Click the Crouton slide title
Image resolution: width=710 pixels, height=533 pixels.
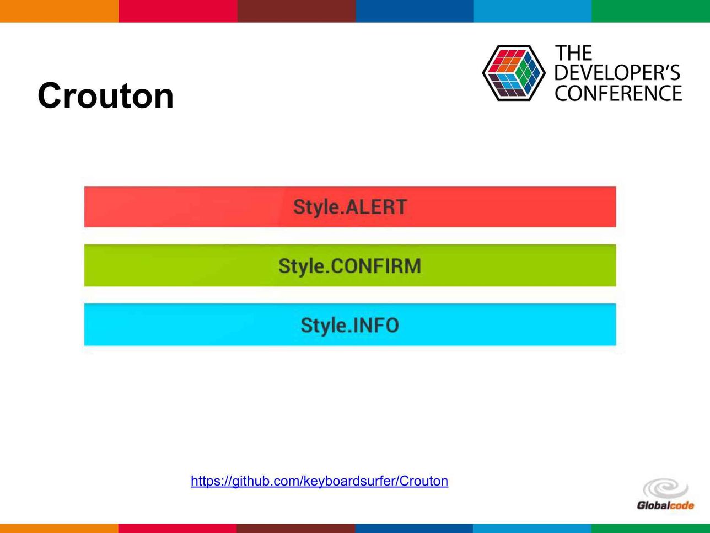(106, 96)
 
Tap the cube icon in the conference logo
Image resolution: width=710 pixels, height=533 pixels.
(514, 73)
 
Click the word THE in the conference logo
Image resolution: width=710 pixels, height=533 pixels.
(573, 53)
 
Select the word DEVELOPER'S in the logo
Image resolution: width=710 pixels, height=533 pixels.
(617, 73)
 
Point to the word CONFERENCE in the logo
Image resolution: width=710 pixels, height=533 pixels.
(618, 93)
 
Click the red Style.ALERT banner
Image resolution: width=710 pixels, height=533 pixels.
(350, 207)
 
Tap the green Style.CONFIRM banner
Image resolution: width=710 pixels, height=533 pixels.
(350, 265)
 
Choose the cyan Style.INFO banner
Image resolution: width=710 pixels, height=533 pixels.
(350, 324)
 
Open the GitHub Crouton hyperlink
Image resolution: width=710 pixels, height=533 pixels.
(319, 481)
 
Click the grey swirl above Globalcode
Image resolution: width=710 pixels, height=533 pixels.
(665, 488)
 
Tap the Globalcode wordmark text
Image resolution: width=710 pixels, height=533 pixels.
(665, 505)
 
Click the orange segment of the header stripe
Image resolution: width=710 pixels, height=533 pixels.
(59, 11)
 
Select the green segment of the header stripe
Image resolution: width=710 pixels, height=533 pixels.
(651, 11)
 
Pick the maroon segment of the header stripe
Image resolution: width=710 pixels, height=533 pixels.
(296, 11)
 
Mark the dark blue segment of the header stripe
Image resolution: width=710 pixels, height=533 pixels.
(415, 11)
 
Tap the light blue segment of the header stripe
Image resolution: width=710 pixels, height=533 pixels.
(532, 11)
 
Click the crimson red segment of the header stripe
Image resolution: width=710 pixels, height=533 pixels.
(178, 11)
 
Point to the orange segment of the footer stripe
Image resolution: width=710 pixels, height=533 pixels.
(59, 528)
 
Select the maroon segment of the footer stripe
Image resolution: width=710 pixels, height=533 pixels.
(296, 528)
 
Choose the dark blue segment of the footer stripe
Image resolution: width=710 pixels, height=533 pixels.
(414, 528)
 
